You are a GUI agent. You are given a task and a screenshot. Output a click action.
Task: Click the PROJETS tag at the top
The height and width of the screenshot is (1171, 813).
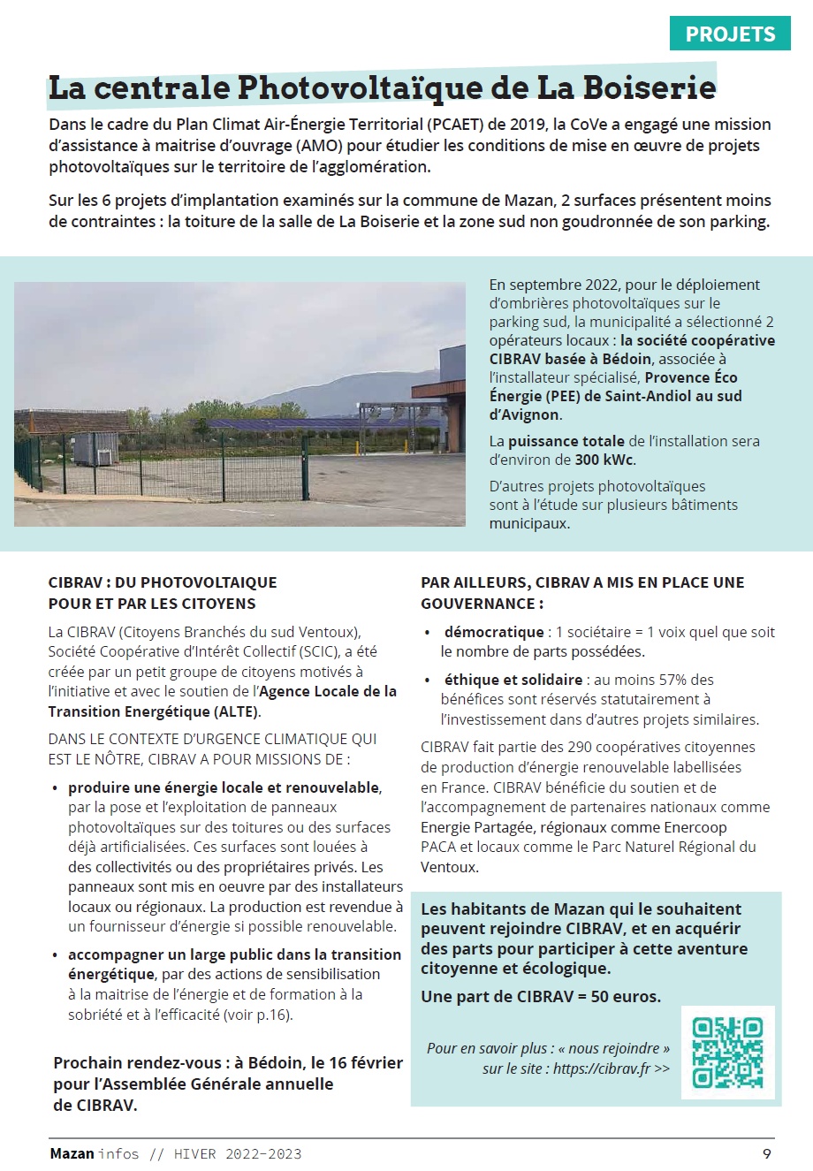(x=730, y=34)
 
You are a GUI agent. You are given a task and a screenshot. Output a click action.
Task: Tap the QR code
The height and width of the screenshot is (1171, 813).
(x=727, y=1053)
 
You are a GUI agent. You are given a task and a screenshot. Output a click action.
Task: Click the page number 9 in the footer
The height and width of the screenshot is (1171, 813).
(x=766, y=1153)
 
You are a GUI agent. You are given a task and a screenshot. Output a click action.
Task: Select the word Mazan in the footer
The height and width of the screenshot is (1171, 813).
(x=72, y=1153)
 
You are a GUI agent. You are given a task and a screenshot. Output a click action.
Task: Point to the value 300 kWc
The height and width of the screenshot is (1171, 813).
(x=604, y=460)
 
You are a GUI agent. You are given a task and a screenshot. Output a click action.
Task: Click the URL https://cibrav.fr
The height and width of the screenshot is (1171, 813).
(x=601, y=1068)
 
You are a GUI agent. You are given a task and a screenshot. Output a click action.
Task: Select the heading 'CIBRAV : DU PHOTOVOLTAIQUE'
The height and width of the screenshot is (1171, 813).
(x=163, y=582)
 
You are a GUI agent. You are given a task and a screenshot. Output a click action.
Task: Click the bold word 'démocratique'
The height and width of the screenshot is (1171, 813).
(x=494, y=632)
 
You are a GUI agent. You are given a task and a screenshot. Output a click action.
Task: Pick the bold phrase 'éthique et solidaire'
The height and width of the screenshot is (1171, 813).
(x=513, y=680)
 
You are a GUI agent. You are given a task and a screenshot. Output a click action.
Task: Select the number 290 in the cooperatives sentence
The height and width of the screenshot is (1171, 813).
(x=580, y=747)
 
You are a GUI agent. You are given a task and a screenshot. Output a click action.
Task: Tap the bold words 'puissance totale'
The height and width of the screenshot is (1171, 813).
(x=566, y=441)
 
